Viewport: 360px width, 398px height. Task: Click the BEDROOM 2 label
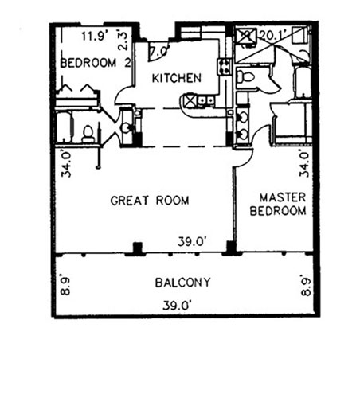click(96, 63)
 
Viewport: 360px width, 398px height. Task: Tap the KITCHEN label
click(177, 78)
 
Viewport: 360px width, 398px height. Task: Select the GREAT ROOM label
click(150, 201)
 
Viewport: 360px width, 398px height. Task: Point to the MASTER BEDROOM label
click(278, 205)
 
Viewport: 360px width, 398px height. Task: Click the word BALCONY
click(183, 283)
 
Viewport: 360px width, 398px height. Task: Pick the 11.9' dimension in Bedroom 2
click(95, 36)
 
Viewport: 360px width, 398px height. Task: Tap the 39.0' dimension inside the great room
click(192, 241)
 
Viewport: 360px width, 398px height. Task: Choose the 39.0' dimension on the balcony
click(177, 306)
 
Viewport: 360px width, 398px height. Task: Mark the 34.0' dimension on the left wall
click(66, 164)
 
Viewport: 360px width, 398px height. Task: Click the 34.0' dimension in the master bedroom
click(304, 163)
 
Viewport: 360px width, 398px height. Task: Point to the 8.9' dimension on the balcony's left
click(65, 286)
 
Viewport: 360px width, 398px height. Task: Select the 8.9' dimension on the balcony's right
click(306, 285)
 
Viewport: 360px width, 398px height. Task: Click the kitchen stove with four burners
click(225, 67)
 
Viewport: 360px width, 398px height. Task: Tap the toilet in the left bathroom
click(88, 135)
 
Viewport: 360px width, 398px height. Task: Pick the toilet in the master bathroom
click(245, 76)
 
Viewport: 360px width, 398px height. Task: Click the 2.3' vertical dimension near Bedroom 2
click(123, 41)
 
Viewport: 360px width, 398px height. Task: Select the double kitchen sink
click(205, 100)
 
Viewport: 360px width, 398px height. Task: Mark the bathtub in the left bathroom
click(64, 127)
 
